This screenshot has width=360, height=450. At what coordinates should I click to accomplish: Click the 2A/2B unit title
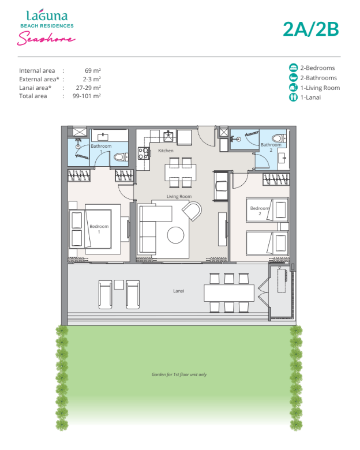(x=310, y=29)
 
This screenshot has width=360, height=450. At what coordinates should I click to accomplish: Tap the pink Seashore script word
(x=46, y=38)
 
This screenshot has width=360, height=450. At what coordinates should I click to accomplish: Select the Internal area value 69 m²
(x=93, y=70)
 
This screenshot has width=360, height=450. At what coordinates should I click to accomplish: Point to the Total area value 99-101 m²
(x=87, y=96)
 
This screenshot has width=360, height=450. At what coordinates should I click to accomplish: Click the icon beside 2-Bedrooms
(x=293, y=67)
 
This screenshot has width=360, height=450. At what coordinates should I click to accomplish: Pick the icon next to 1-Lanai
(x=293, y=97)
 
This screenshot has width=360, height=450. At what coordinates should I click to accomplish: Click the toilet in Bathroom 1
(x=120, y=157)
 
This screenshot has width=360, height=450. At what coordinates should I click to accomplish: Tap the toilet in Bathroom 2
(x=278, y=138)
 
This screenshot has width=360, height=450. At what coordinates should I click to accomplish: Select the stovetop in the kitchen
(x=144, y=153)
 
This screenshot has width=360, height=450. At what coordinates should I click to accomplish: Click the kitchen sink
(x=168, y=136)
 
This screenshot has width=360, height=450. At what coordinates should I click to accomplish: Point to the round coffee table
(x=176, y=235)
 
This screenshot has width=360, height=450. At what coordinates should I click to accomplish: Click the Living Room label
(x=179, y=196)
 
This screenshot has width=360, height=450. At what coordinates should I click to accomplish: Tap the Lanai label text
(x=179, y=291)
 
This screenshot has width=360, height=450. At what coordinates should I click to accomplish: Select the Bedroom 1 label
(x=99, y=228)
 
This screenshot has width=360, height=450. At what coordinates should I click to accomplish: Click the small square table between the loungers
(x=119, y=284)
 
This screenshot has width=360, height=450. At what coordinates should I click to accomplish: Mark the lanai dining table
(x=229, y=292)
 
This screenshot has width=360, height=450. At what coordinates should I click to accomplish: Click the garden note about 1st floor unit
(x=179, y=374)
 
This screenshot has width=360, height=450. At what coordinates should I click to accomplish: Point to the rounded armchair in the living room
(x=192, y=211)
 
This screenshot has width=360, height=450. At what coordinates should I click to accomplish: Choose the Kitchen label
(x=166, y=151)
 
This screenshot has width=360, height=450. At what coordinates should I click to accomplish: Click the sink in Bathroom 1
(x=103, y=137)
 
